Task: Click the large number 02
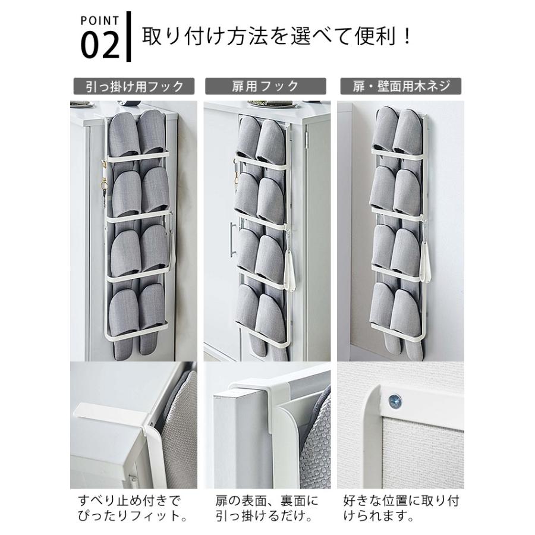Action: point(100,45)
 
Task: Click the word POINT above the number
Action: point(100,21)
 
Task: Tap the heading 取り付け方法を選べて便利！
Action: point(276,36)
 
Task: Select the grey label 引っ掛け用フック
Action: point(134,86)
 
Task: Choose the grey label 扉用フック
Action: point(266,86)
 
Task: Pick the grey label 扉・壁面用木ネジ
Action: point(401,86)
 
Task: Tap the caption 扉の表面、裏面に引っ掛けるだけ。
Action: point(267,508)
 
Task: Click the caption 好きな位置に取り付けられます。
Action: point(401,508)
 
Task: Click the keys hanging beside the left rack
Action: point(103,184)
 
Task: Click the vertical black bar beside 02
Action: point(128,36)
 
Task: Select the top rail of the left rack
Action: point(137,156)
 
